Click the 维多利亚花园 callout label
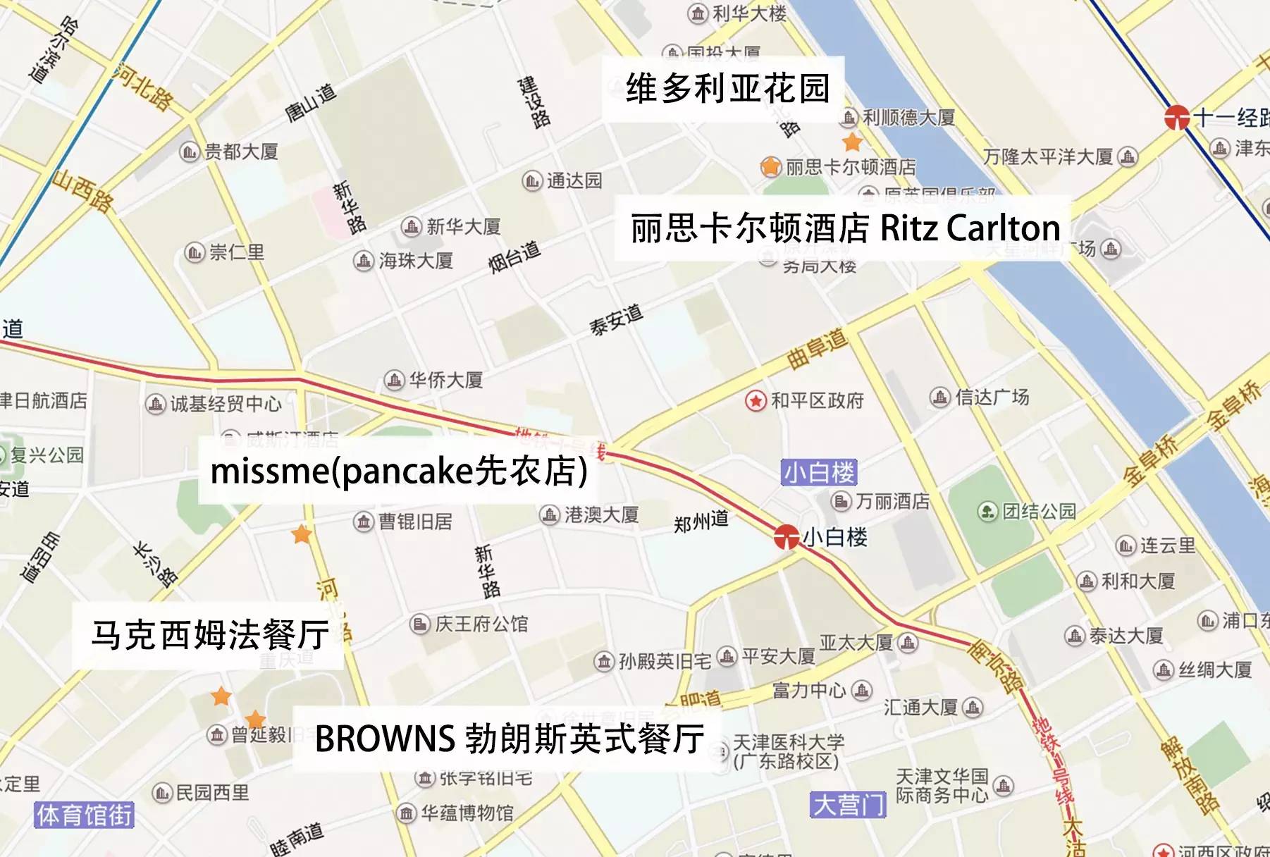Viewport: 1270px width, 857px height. click(x=727, y=89)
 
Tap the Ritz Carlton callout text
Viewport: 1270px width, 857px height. click(x=845, y=228)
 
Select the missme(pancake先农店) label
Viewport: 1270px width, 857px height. click(x=399, y=471)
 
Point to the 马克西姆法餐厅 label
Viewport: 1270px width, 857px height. click(x=209, y=635)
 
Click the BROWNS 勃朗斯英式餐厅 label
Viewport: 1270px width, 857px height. click(x=509, y=739)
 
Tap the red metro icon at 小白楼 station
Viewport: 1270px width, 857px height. click(x=786, y=537)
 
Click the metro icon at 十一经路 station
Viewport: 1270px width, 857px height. click(x=1176, y=117)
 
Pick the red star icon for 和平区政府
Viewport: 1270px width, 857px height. click(x=756, y=401)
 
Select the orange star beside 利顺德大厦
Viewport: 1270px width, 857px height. click(x=852, y=142)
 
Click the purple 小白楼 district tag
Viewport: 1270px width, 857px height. click(x=819, y=472)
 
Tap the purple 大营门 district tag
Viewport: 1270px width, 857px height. click(x=847, y=805)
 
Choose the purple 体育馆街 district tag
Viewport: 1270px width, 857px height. click(x=85, y=815)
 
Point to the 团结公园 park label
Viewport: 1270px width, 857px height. click(x=1039, y=511)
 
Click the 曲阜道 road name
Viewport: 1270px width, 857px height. click(x=818, y=349)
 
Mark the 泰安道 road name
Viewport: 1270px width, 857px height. click(x=616, y=319)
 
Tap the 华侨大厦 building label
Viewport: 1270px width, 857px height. click(x=445, y=381)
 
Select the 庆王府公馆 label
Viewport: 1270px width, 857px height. click(x=481, y=624)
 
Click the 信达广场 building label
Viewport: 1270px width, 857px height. click(x=991, y=397)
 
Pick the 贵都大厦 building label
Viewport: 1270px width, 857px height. click(x=240, y=152)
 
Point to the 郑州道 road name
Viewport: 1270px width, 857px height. click(x=701, y=522)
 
